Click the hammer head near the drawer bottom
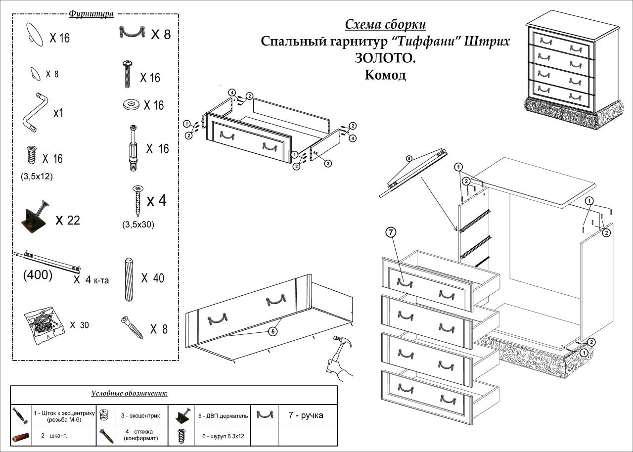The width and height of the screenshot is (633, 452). tap(340, 342)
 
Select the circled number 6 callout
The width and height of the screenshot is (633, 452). tap(409, 159)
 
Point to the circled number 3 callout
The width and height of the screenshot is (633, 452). tap(328, 163)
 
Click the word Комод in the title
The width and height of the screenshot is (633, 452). tap(385, 75)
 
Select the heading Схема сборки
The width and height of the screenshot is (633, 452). tap(385, 25)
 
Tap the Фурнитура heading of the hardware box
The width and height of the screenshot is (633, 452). tap(91, 14)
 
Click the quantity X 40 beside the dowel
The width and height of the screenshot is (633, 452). tap(152, 278)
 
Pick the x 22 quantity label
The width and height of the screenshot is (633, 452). tap(68, 220)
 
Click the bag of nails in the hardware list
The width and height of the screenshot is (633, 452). tap(43, 325)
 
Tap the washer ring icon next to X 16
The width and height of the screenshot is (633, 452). tap(131, 105)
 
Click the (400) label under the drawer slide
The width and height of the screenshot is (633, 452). tap(38, 275)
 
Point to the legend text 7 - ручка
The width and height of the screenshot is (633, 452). tap(306, 415)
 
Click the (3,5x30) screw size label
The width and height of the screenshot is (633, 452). tap(138, 225)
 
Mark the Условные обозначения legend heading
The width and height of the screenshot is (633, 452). tap(130, 394)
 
